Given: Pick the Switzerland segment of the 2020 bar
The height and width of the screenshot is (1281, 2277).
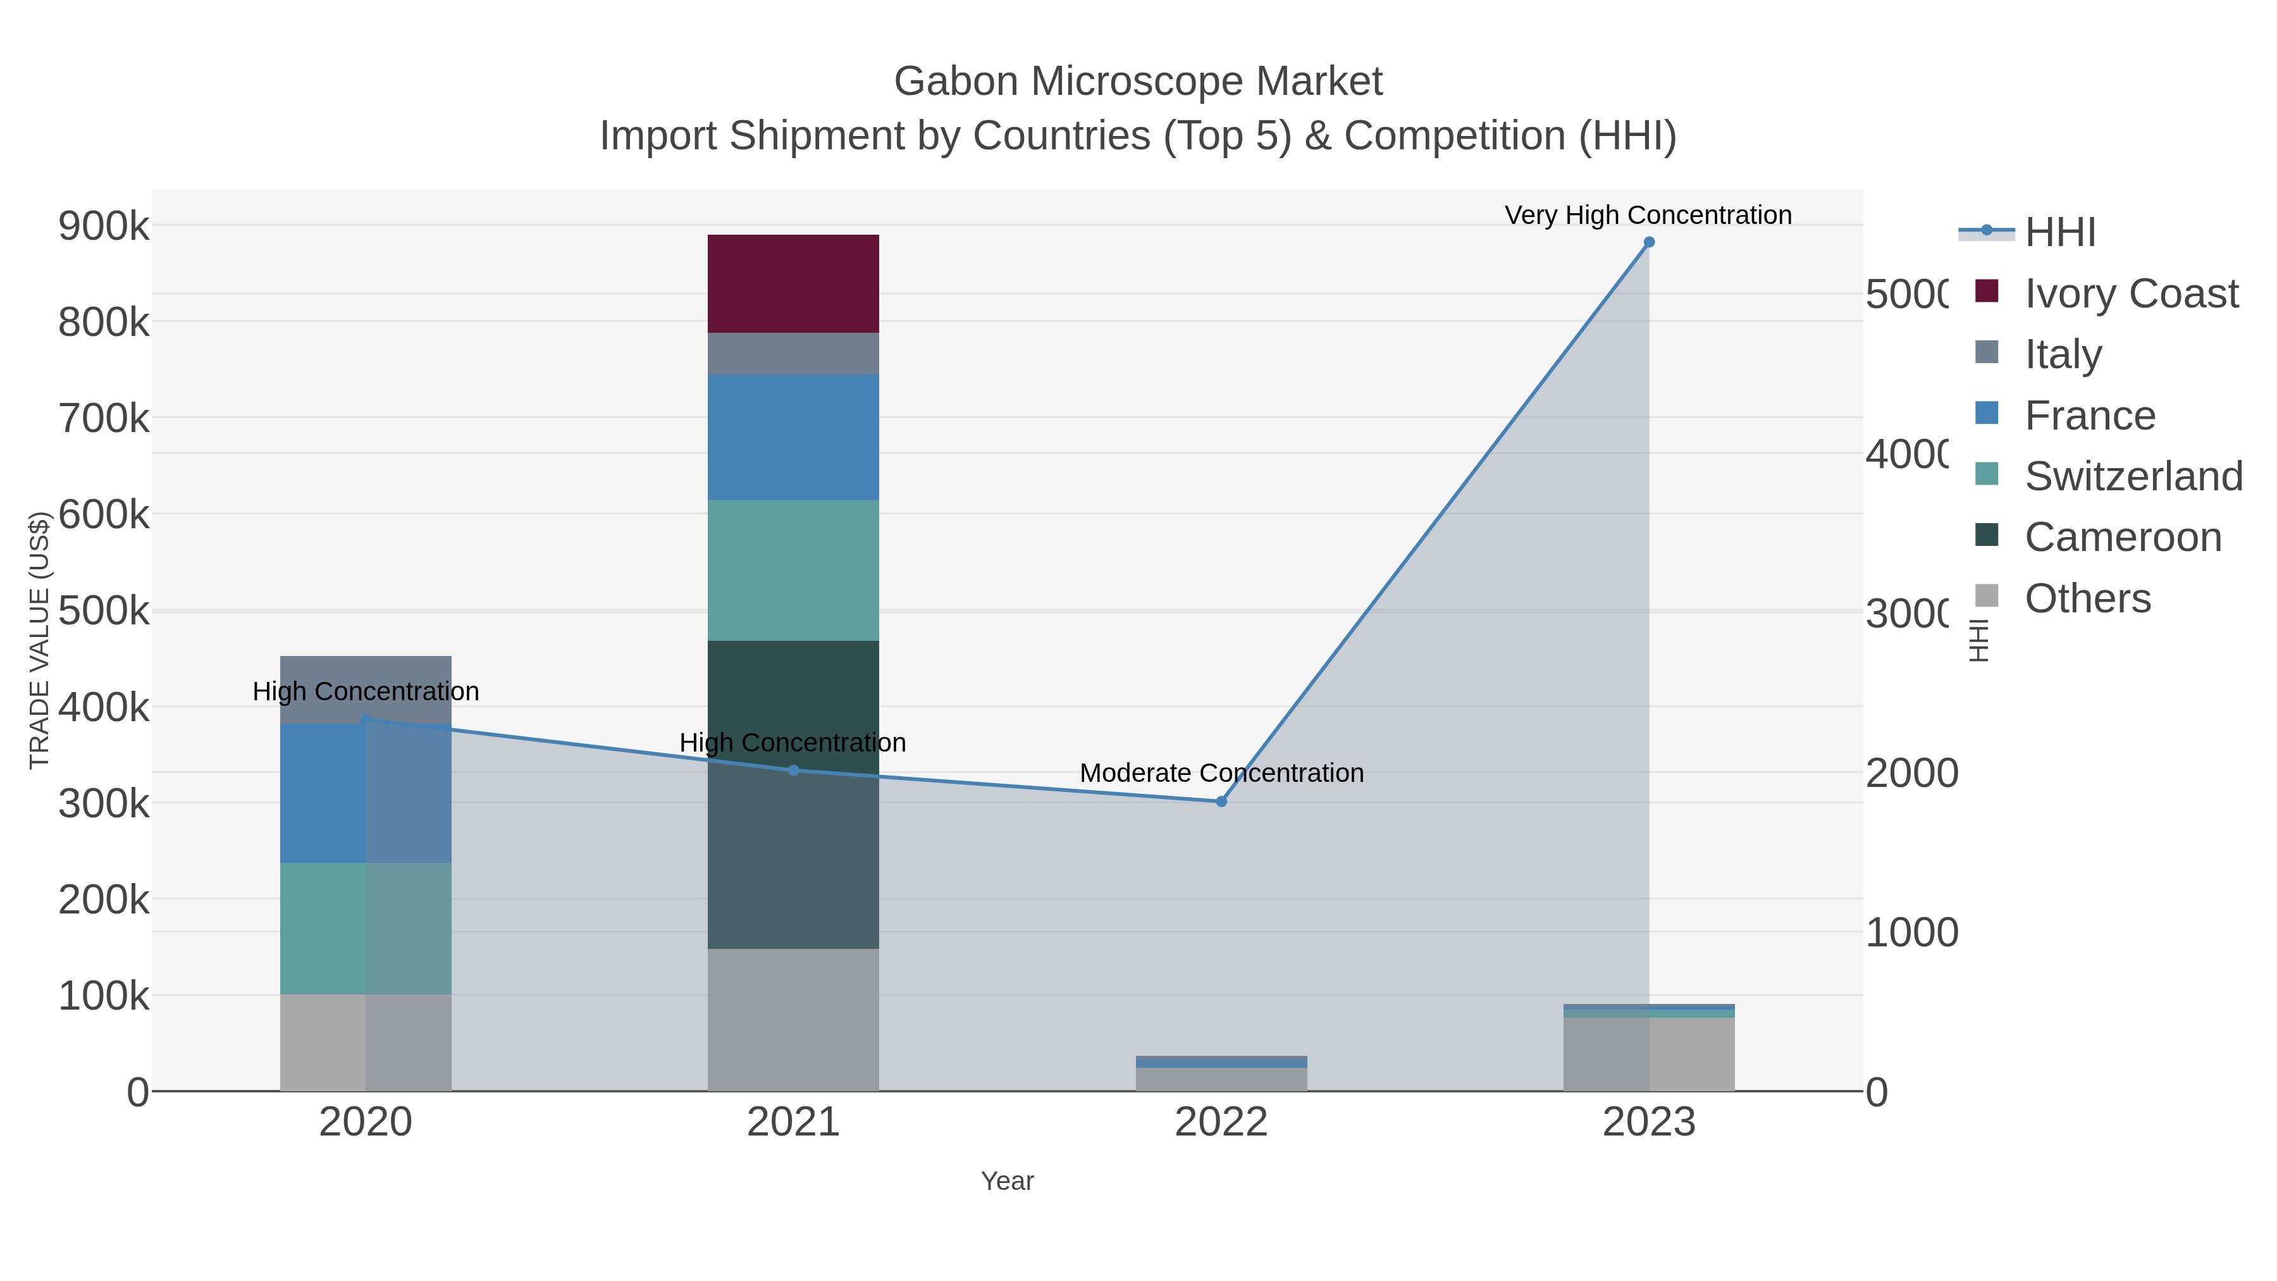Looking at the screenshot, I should tap(365, 928).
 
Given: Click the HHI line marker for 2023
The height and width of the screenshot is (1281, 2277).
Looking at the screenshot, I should tap(1648, 242).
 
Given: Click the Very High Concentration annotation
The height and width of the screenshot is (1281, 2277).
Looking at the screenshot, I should tap(1648, 216).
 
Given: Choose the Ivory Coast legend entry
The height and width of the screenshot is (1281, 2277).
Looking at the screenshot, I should tap(2130, 294).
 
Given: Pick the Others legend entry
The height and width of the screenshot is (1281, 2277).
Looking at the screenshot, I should tap(2086, 598).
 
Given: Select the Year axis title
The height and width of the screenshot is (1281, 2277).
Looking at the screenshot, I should tap(1007, 1181).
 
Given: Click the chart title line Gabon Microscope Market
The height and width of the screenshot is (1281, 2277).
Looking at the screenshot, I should tap(1138, 82).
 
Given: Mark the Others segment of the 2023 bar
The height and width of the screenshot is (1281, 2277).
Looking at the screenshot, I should tap(1648, 1054).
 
